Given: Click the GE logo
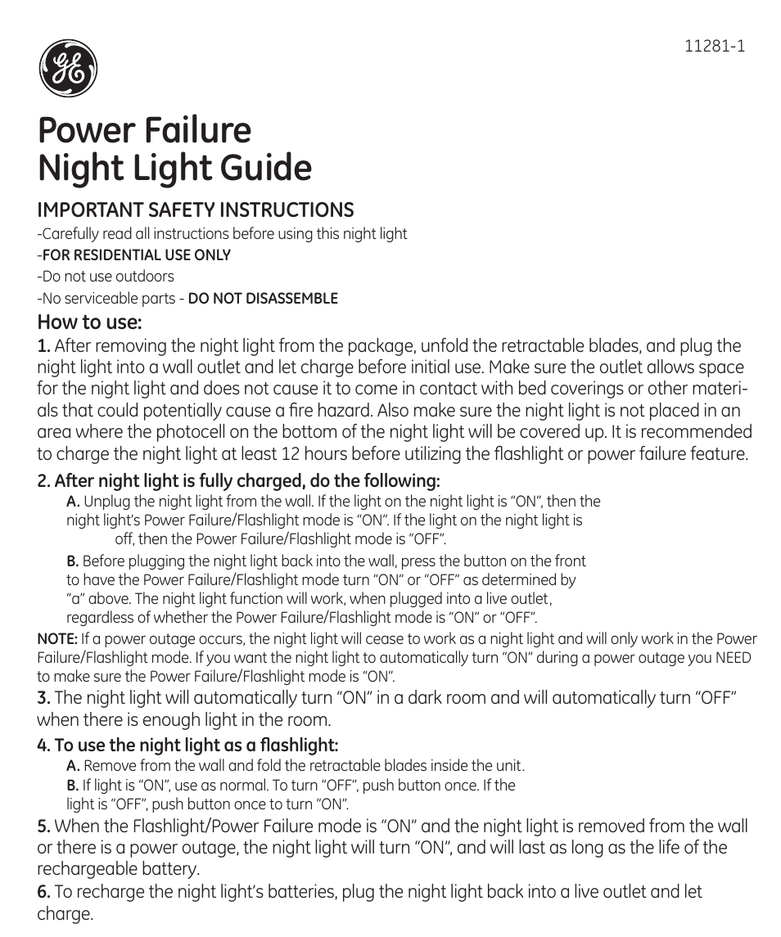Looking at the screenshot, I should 69,69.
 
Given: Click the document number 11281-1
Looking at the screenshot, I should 714,47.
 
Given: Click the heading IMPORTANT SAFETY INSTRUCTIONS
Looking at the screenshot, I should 196,209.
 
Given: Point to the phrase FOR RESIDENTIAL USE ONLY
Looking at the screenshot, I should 137,255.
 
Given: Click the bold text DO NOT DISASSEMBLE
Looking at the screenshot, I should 263,298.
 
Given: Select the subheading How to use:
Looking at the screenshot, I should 90,322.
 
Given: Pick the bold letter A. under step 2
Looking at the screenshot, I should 73,502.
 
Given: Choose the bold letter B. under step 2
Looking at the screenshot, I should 73,561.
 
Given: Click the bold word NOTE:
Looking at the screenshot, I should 57,639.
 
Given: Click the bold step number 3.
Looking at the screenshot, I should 44,698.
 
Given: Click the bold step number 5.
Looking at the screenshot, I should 44,827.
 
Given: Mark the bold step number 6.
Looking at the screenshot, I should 44,891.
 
